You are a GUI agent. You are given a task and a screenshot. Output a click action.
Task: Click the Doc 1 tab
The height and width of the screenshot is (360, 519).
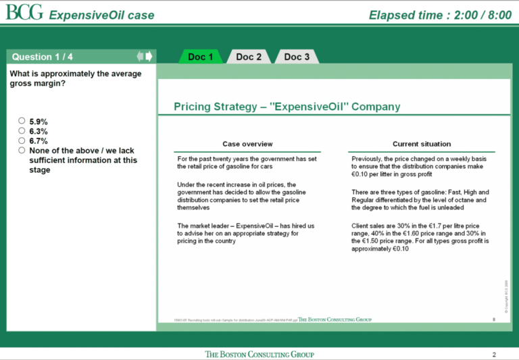tap(201, 57)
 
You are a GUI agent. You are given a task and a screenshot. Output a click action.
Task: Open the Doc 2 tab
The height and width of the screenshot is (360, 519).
tap(249, 57)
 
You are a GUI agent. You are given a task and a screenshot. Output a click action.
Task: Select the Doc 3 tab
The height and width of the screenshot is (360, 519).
tap(297, 57)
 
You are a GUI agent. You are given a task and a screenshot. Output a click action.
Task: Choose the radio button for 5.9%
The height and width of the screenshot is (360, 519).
tap(22, 121)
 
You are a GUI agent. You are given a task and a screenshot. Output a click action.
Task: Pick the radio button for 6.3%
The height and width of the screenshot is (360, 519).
tap(22, 131)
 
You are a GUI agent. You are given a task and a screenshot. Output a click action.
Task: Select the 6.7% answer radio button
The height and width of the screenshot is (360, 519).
tap(22, 141)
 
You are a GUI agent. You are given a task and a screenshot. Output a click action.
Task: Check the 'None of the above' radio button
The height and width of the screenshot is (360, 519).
tap(22, 151)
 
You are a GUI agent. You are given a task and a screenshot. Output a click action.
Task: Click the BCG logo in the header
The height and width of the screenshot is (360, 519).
tap(24, 13)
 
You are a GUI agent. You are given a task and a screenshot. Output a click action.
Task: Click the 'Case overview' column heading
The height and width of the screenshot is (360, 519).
tap(247, 144)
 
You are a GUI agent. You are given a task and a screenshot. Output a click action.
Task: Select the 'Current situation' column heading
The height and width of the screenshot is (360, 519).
tap(422, 144)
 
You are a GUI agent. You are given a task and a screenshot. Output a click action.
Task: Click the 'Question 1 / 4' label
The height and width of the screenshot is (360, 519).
tap(42, 57)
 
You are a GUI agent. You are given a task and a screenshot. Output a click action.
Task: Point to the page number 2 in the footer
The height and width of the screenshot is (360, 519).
tap(494, 355)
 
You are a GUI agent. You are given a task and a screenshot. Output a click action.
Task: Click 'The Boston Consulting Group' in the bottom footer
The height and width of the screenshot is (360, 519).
tap(259, 355)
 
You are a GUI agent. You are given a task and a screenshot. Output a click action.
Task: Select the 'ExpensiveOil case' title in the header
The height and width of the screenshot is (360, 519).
tap(101, 15)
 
